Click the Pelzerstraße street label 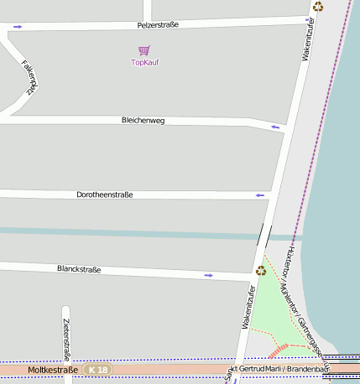click(x=158, y=25)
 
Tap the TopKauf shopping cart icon click(x=144, y=51)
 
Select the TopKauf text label click(x=145, y=63)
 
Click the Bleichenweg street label click(x=143, y=121)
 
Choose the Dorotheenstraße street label click(x=105, y=195)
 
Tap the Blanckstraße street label click(x=79, y=269)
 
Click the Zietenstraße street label click(x=66, y=344)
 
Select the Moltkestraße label click(x=53, y=370)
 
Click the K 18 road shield click(x=98, y=370)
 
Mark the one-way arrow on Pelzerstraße click(x=18, y=27)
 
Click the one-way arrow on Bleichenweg click(x=274, y=127)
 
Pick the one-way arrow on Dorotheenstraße click(x=260, y=195)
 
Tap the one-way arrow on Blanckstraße click(x=208, y=274)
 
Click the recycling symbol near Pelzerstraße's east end click(x=318, y=7)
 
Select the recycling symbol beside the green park click(x=261, y=270)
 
